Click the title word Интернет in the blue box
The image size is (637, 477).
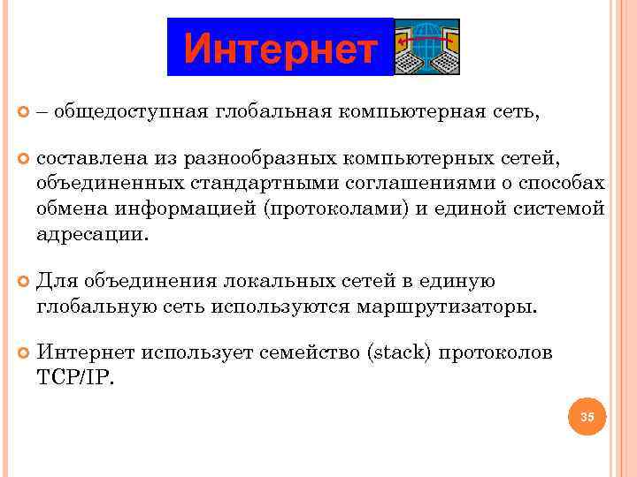click(x=280, y=49)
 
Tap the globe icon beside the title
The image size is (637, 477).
click(x=427, y=47)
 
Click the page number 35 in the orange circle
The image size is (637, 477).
click(x=587, y=416)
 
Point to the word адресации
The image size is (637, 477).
click(x=92, y=234)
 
